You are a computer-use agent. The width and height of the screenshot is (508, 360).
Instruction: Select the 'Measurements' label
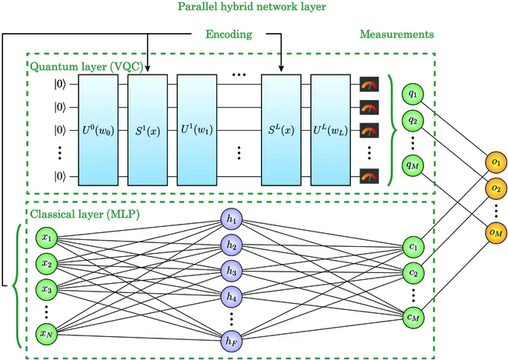click(396, 35)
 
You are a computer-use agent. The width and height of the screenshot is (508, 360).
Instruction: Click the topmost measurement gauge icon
click(369, 82)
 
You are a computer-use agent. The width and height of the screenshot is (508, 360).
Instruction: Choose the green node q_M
click(414, 164)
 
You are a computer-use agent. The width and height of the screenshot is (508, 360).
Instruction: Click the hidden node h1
click(231, 219)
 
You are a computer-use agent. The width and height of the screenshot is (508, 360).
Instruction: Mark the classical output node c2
click(414, 272)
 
